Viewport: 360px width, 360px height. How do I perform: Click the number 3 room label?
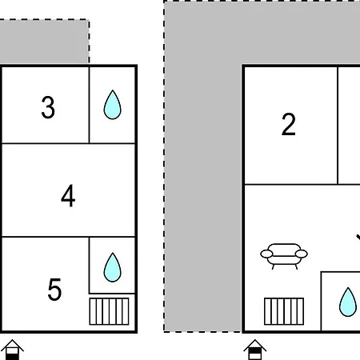[x=48, y=107]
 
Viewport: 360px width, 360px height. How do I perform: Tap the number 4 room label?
[x=68, y=196]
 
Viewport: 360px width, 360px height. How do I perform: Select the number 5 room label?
[x=54, y=290]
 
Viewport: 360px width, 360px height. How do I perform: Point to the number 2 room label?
[x=289, y=124]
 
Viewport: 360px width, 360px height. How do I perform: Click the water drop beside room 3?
[x=112, y=105]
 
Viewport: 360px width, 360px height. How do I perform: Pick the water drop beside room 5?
[x=112, y=267]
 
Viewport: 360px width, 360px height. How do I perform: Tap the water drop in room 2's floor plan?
[x=348, y=302]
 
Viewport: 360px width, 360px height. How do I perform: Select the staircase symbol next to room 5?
[x=109, y=311]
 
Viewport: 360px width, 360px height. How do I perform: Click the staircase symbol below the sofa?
[x=284, y=311]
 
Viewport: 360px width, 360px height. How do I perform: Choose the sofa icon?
[x=284, y=256]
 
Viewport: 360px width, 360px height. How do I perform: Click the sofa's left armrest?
[x=266, y=254]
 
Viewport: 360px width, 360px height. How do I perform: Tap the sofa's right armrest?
[x=302, y=254]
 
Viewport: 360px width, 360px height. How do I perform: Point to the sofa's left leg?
[x=273, y=266]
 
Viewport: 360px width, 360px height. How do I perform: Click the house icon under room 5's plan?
[x=12, y=350]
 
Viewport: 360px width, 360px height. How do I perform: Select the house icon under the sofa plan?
[x=255, y=350]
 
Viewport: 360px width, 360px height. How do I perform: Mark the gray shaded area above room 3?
[x=44, y=42]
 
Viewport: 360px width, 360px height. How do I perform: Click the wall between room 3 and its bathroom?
[x=89, y=105]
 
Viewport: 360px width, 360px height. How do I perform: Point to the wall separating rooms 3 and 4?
[x=68, y=143]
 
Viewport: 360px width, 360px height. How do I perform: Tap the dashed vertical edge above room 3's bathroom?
[x=89, y=42]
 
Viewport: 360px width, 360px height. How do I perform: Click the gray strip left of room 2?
[x=202, y=198]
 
